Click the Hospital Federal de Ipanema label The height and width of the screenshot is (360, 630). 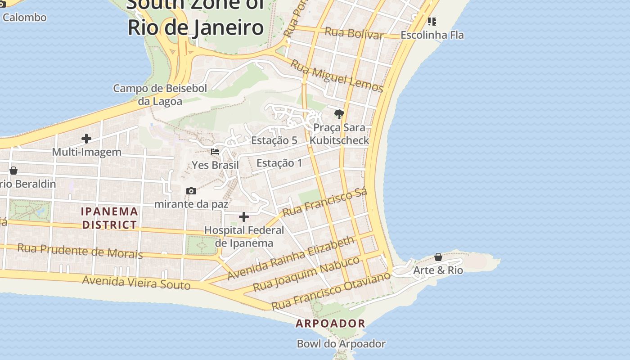(244, 237)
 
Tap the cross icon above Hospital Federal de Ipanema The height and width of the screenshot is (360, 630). (244, 217)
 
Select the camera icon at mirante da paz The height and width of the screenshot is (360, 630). (191, 191)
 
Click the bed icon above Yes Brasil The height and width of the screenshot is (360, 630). (216, 152)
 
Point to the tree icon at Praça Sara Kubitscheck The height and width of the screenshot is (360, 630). (339, 114)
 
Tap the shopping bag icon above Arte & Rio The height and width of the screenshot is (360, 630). (438, 257)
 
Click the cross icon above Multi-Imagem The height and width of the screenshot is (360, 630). (86, 139)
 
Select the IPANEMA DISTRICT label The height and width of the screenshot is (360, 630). (109, 218)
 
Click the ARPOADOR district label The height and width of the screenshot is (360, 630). (330, 324)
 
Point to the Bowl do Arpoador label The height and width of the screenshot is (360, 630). (341, 344)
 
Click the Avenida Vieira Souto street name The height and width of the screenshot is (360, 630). (136, 283)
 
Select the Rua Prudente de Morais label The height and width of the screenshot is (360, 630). (80, 251)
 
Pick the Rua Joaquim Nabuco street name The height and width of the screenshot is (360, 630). (306, 274)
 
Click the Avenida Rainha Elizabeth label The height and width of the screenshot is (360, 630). (291, 258)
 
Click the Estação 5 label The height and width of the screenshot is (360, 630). (274, 140)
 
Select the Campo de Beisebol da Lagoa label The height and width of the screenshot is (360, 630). (160, 94)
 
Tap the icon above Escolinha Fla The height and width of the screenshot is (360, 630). (432, 21)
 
